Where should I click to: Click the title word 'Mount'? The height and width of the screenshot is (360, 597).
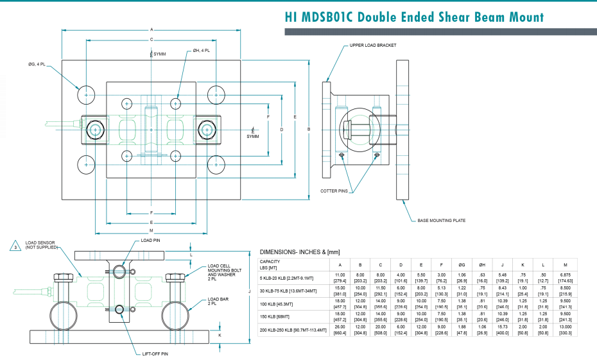[517, 17]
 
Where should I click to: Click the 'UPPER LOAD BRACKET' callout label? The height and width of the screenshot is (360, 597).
[373, 46]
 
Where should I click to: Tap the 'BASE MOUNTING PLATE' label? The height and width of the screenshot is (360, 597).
[441, 220]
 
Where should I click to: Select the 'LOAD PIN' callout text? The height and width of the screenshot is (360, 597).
[151, 240]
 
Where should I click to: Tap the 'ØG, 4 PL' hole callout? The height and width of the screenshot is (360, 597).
[37, 64]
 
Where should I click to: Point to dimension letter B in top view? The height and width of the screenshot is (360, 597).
[309, 130]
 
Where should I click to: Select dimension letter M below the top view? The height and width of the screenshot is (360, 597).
[151, 231]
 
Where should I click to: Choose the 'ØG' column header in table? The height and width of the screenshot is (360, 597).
[460, 264]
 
